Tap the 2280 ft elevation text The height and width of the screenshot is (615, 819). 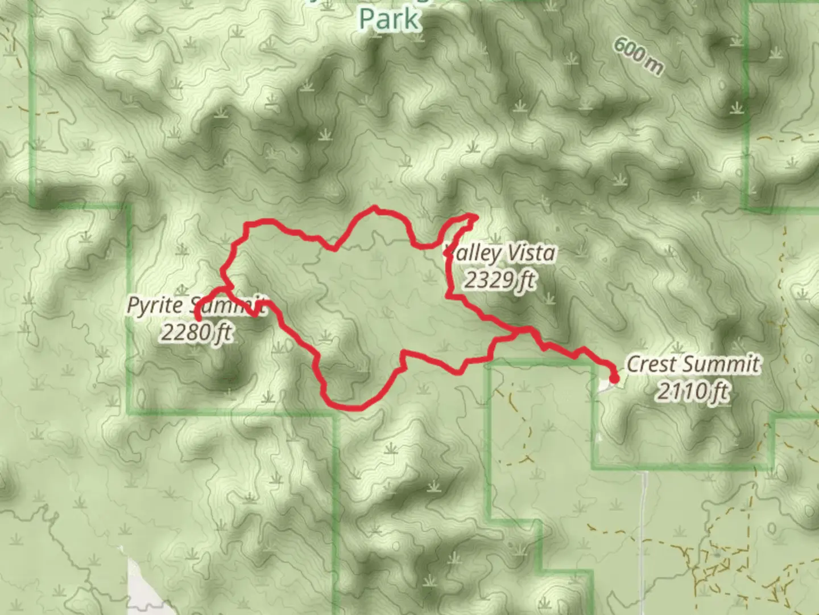(x=196, y=331)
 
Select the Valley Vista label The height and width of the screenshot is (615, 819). (x=500, y=254)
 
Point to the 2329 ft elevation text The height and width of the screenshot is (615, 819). (x=500, y=280)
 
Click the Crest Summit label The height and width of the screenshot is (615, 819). (x=693, y=364)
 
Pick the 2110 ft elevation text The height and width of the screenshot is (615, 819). (x=693, y=391)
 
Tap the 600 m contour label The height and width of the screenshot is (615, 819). (x=638, y=57)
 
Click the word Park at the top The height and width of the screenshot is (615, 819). (x=390, y=19)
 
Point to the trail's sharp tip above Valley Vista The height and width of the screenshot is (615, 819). (x=474, y=216)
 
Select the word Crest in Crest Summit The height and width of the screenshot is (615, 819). (x=651, y=364)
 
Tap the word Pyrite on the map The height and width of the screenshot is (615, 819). (x=156, y=305)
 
